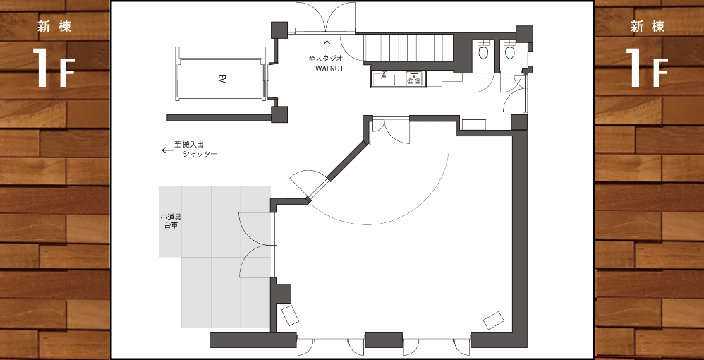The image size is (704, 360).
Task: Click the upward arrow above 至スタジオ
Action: pos(327,45)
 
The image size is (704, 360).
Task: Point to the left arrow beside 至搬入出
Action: pos(167,150)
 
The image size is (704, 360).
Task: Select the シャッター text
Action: pos(200,154)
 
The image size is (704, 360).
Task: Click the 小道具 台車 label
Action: pos(170,221)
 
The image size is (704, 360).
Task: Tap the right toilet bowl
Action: pos(509,50)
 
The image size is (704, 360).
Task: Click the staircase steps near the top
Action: pos(408,47)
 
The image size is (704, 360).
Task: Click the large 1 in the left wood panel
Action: pos(42,68)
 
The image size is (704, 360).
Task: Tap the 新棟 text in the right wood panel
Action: pos(647,27)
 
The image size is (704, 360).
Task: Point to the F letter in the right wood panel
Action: pos(660,73)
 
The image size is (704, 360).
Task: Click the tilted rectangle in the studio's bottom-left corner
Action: pos(290,315)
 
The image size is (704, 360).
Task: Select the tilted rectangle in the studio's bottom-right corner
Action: pos(494,320)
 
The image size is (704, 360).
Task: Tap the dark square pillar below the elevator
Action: pos(279,114)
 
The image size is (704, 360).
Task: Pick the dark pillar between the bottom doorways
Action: pos(384,340)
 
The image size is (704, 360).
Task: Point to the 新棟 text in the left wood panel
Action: pos(54,27)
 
